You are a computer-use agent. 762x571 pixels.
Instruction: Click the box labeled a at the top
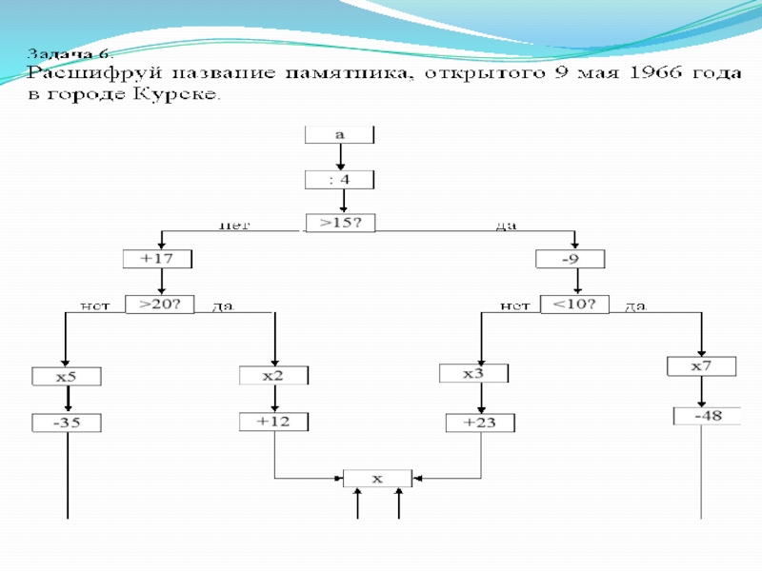tap(339, 135)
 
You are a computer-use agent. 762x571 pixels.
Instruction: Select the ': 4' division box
tap(339, 179)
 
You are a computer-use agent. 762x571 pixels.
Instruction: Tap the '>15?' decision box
tap(340, 225)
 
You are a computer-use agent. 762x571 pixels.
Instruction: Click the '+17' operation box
tap(158, 259)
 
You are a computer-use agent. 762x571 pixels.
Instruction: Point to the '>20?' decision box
tap(159, 305)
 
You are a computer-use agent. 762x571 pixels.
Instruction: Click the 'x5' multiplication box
tap(66, 377)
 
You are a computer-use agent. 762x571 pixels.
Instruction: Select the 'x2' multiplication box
tap(273, 376)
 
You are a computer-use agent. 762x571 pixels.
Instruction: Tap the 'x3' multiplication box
tap(474, 374)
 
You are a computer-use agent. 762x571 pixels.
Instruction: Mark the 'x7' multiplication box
tap(702, 366)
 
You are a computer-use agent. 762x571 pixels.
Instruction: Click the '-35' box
tap(68, 423)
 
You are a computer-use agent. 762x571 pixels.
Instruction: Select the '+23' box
tap(482, 422)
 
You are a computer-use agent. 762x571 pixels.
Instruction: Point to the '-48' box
tap(707, 416)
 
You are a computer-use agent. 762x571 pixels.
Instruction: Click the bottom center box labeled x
tap(377, 479)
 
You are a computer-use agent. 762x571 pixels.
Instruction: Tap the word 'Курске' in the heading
tap(182, 95)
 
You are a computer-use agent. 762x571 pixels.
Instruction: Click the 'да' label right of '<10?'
tap(634, 307)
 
